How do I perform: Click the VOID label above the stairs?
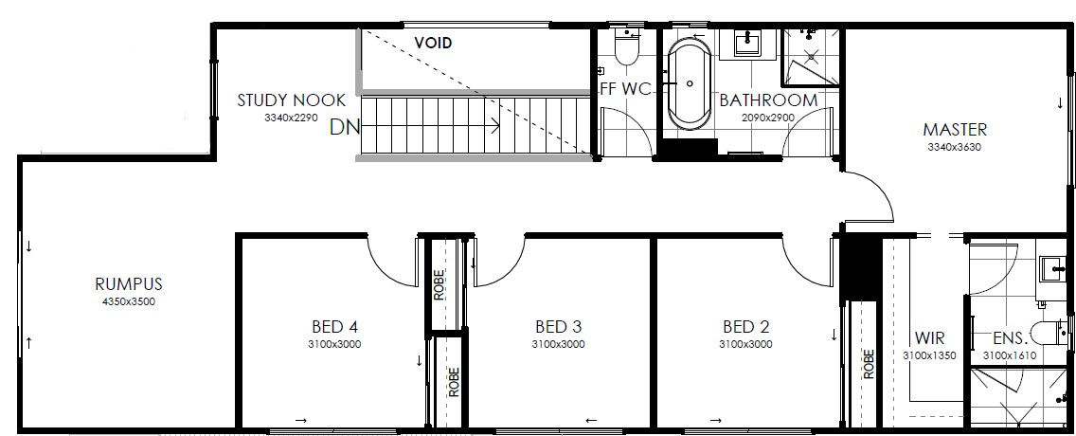433,43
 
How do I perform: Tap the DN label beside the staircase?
345,127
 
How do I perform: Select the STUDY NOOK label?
292,100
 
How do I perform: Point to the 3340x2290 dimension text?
291,118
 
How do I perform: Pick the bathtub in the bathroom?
690,83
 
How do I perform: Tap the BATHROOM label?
768,100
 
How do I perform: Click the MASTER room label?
955,129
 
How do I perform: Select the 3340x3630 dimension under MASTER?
955,147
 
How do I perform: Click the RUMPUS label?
128,283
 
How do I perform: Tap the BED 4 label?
335,326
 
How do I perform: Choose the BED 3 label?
559,326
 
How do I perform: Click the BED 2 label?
746,326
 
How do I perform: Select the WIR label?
929,338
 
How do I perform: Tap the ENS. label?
1011,338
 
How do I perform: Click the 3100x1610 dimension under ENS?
1010,355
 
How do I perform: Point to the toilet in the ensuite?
1049,334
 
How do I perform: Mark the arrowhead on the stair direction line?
495,126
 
